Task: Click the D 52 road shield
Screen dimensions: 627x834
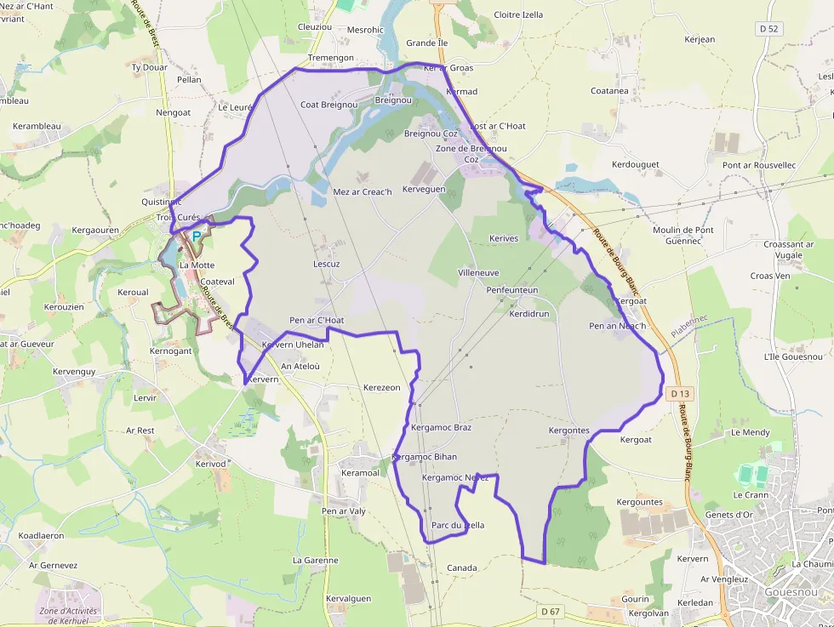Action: click(769, 28)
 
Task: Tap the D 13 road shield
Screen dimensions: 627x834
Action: click(679, 394)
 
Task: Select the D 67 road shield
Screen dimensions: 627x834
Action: click(551, 612)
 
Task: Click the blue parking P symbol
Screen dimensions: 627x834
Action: click(197, 236)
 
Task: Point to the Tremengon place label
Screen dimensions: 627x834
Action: click(330, 57)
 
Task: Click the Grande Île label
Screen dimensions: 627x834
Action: click(426, 43)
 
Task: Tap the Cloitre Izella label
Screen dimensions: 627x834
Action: click(518, 14)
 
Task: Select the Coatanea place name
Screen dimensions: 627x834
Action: click(609, 90)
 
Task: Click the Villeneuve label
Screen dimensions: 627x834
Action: click(478, 272)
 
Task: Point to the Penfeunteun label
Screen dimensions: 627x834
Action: click(512, 290)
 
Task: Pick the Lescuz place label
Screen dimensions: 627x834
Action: click(326, 264)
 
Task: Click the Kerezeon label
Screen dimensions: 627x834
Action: click(381, 387)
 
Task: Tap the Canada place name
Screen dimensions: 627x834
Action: click(462, 567)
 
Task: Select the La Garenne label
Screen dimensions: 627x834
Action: click(315, 560)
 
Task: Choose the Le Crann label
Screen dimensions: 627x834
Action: click(751, 494)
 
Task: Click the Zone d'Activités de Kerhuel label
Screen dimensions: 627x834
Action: click(69, 616)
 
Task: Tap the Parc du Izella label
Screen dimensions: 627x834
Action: click(458, 525)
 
